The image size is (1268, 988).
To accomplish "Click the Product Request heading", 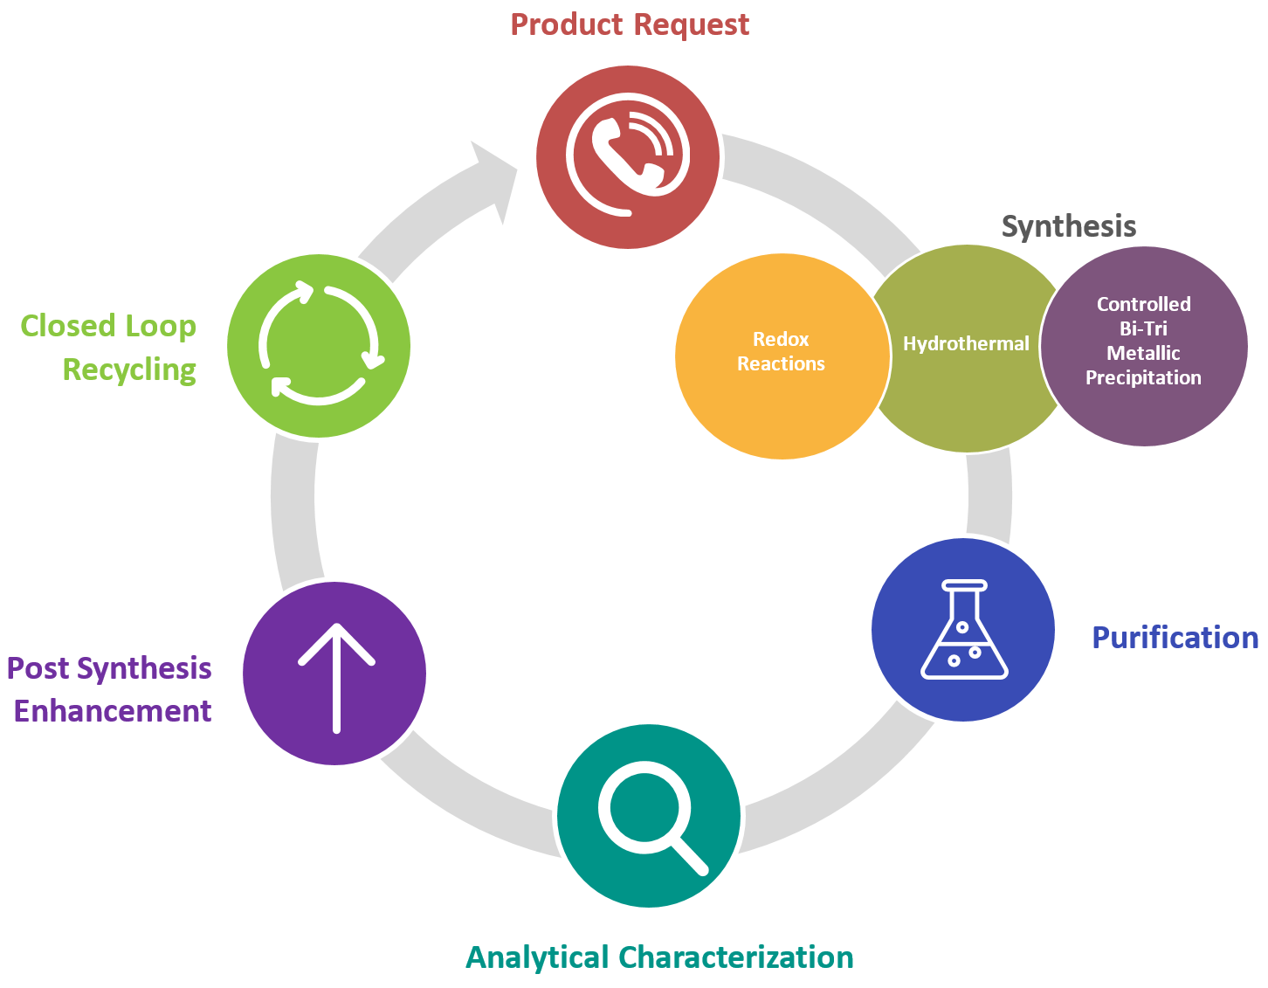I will click(630, 24).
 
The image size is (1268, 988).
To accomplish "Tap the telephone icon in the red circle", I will click(627, 156).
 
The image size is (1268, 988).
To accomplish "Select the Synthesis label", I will click(1068, 226).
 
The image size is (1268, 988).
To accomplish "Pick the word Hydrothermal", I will click(966, 344).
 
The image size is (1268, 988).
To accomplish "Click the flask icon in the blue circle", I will click(963, 630).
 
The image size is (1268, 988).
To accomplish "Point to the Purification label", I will click(1175, 638).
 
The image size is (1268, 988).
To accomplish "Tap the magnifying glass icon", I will click(649, 816).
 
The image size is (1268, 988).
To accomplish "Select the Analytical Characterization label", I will click(659, 957).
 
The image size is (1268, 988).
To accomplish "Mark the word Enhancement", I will click(113, 711).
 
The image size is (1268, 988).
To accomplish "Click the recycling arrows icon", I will click(319, 344).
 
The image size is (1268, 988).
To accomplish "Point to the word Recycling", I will click(129, 370).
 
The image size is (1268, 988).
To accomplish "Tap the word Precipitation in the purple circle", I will click(1143, 378).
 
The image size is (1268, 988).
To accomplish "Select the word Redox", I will click(781, 339).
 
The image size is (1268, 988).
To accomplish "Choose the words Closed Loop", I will click(108, 326).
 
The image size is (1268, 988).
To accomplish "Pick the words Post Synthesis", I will click(109, 668).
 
